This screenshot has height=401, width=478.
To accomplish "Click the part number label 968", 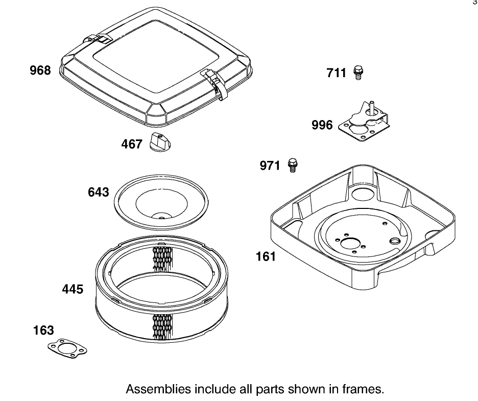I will coord(40,70).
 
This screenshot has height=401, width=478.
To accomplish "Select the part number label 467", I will coord(132,145).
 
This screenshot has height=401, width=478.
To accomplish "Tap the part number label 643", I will coord(99,192).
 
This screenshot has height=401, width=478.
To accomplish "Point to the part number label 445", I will coord(73,289).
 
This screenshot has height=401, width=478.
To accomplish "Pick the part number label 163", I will coord(43,330).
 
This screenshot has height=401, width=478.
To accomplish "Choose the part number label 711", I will coord(337,74).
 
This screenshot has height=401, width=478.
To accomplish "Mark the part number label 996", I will coord(322,125).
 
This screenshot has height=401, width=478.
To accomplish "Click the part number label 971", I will coord(270,166).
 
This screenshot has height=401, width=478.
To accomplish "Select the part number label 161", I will coord(266,256).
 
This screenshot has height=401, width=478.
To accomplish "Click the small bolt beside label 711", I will coord(357,73).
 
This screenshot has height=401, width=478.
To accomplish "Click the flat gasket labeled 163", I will coord(67,348).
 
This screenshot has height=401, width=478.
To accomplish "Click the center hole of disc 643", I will coord(161,218).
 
